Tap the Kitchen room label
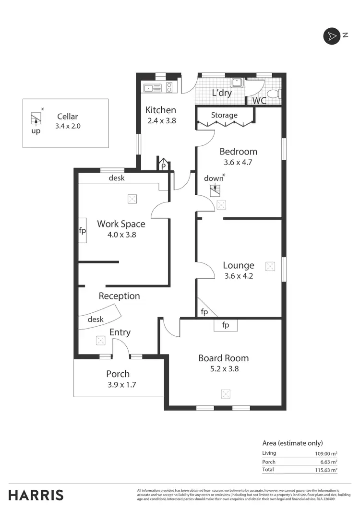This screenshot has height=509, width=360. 160,110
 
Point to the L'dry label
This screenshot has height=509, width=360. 222,93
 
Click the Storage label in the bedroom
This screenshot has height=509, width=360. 224,115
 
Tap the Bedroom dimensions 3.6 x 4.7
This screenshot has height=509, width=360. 238,162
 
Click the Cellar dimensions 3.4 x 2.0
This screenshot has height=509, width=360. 67,126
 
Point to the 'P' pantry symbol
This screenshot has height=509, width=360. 163,166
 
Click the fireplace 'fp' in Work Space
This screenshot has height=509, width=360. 82,231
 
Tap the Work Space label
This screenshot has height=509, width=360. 121,224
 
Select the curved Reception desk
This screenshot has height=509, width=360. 100,319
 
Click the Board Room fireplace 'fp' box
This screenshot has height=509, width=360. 225,325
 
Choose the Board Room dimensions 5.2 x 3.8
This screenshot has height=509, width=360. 223,369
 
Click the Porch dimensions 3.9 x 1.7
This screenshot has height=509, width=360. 118,384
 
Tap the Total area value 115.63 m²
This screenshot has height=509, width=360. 323,470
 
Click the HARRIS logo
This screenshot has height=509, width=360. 36,495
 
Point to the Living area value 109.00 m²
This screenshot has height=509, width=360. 323,453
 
